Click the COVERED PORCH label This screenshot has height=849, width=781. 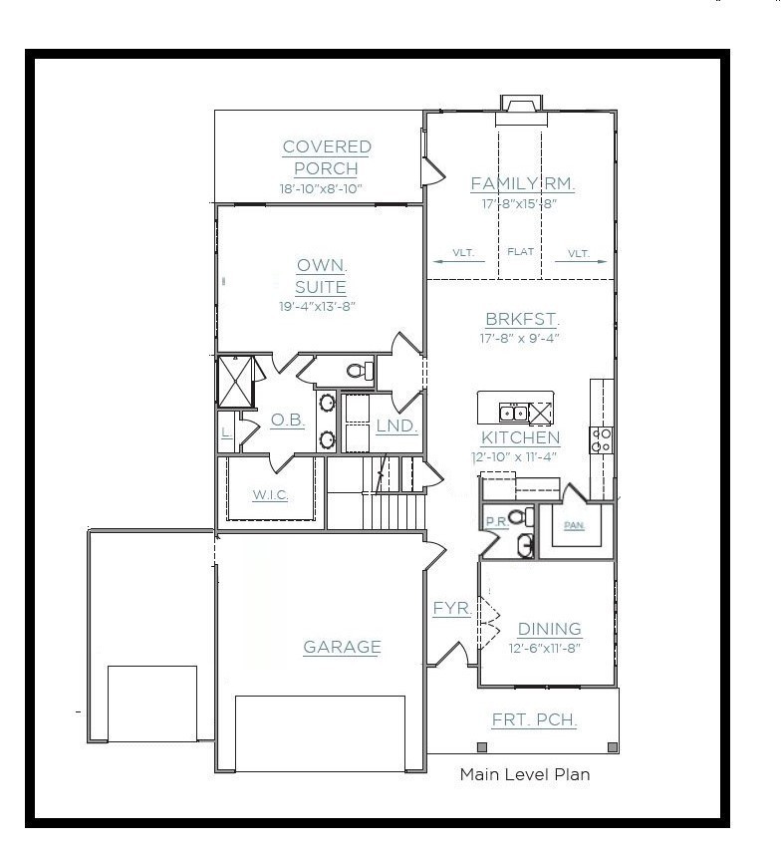tap(327, 157)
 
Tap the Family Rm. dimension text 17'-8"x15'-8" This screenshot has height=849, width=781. tap(520, 204)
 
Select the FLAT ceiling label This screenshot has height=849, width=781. tap(520, 252)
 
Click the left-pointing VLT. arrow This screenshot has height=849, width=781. tap(459, 261)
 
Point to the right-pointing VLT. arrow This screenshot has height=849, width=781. tap(581, 261)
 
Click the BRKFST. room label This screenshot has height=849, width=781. tap(522, 320)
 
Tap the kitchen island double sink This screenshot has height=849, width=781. tap(513, 414)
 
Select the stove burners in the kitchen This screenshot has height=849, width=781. tap(601, 440)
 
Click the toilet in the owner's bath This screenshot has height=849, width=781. tap(360, 371)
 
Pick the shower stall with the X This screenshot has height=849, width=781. tap(235, 382)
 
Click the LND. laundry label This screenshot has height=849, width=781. tap(396, 426)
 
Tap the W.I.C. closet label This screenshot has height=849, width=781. tap(270, 495)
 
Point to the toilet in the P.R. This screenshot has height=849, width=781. tap(521, 516)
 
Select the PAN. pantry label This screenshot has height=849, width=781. tap(574, 525)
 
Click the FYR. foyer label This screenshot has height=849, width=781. tap(452, 608)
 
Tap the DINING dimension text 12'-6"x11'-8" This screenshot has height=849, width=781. tap(545, 648)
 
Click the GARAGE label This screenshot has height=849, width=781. tap(342, 647)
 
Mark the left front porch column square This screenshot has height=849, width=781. tap(482, 747)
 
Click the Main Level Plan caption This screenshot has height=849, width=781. tap(525, 775)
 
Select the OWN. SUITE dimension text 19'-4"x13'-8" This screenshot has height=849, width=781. tap(317, 307)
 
